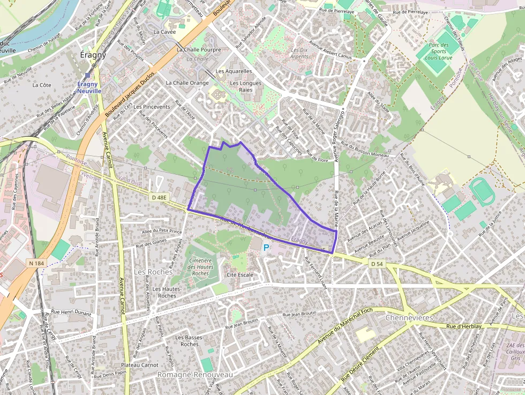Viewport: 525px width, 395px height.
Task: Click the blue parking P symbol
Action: (266, 248)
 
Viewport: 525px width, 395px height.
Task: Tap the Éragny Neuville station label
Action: (89, 87)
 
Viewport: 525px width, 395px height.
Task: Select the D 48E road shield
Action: (159, 198)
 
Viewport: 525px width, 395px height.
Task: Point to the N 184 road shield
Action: (36, 263)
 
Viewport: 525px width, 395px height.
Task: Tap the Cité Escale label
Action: (240, 275)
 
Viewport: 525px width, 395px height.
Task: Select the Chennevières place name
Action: (409, 318)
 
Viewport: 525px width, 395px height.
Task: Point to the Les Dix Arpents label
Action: (299, 53)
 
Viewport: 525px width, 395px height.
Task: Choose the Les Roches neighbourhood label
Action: (153, 272)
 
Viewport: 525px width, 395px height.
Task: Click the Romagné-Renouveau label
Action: (195, 375)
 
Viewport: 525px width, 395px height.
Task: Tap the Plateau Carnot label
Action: (140, 365)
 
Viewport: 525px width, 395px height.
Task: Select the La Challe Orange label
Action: (187, 83)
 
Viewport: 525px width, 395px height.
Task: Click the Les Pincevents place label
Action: (152, 107)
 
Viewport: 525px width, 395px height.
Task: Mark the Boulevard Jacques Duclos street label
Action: (130, 94)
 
